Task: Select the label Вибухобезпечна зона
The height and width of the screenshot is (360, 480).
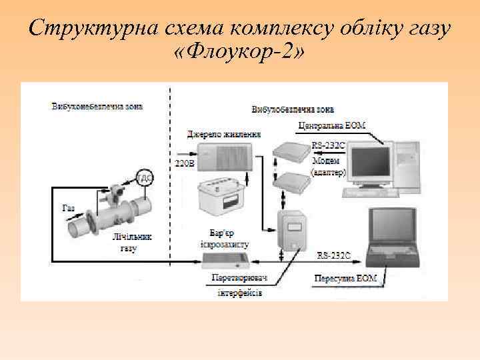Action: coord(293,109)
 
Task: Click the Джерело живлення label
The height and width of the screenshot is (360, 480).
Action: coord(223,135)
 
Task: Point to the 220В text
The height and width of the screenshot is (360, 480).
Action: coord(183,162)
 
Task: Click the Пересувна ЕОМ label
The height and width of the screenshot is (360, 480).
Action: coord(347,277)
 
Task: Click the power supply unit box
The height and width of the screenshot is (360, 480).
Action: coord(226,155)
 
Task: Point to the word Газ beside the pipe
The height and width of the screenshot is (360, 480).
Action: coord(68,208)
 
